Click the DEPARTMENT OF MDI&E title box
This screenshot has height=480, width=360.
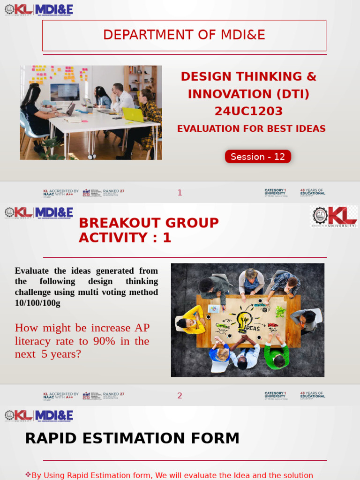tap(184, 35)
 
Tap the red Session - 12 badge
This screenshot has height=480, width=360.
tap(258, 157)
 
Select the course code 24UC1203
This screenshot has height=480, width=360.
tap(248, 111)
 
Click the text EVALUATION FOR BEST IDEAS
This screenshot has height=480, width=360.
tap(251, 129)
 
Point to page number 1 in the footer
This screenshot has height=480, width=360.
tap(180, 193)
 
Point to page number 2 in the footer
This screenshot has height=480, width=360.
tap(180, 396)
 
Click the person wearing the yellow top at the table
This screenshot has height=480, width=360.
tap(192, 320)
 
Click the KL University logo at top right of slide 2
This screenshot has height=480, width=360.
tap(334, 216)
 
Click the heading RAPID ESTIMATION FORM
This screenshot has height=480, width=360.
tap(132, 438)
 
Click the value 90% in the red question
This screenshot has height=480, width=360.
tap(104, 341)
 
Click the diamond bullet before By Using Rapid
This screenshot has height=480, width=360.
tap(28, 475)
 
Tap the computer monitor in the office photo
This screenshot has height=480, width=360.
tap(65, 92)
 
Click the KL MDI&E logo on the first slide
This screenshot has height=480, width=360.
tap(39, 10)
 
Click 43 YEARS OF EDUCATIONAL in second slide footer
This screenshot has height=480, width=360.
tap(313, 395)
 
